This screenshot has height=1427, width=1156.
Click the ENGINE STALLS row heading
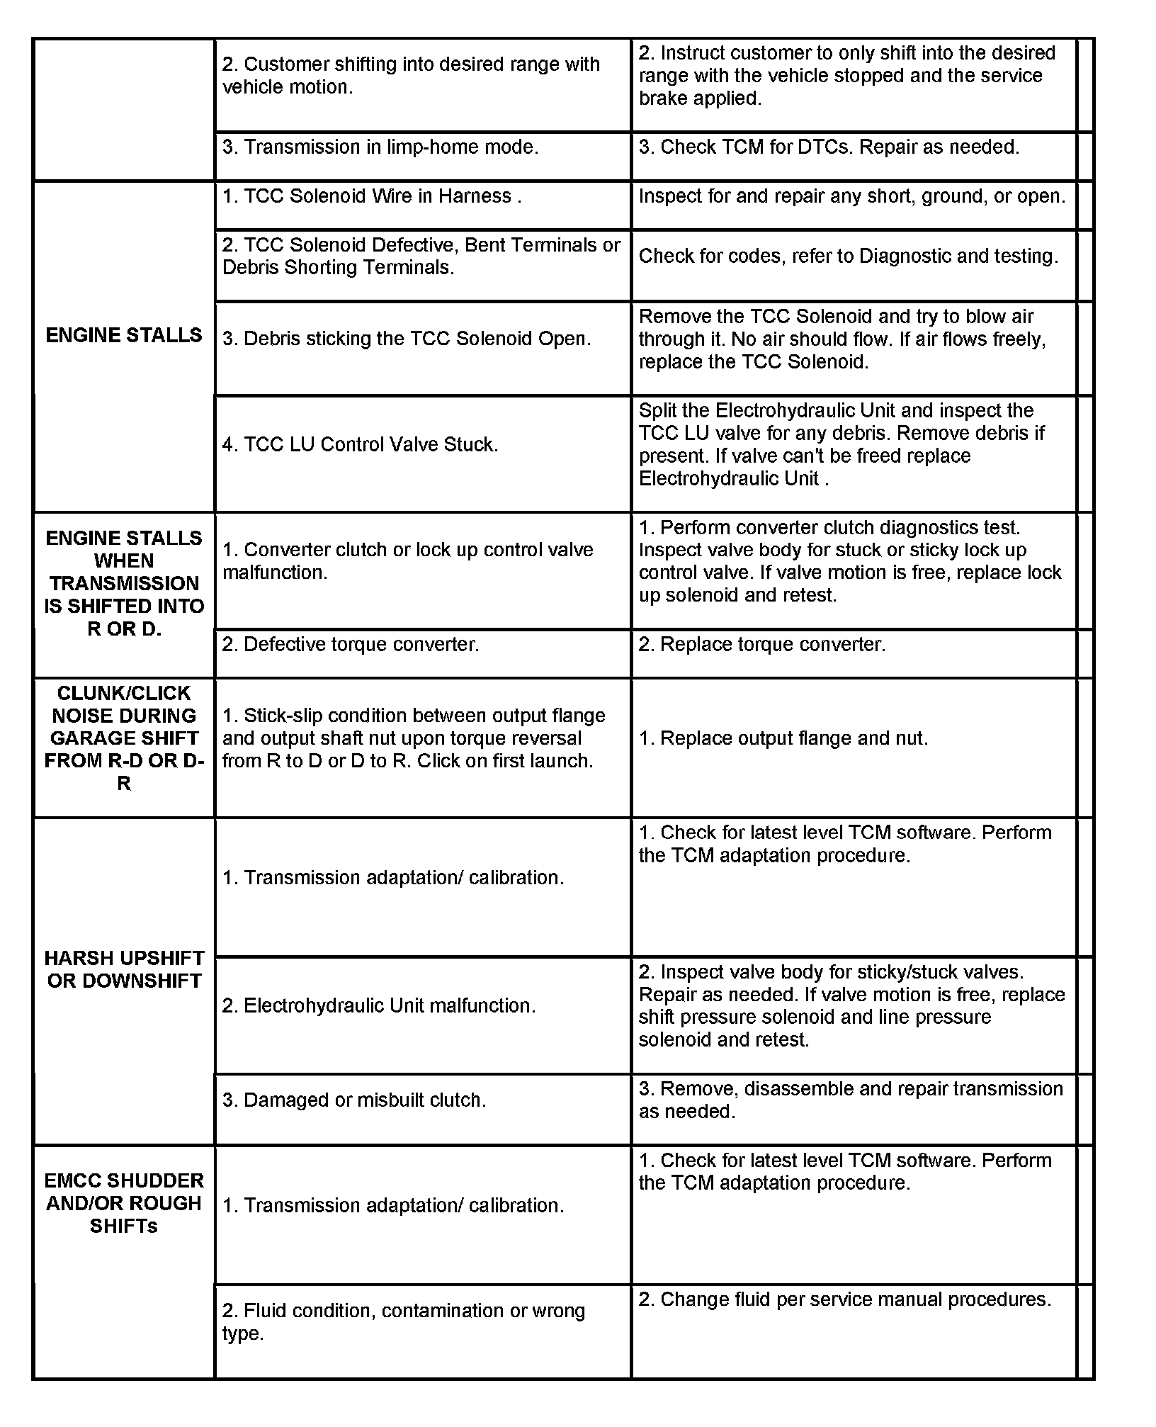124,335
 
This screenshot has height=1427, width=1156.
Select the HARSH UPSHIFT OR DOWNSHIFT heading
124,969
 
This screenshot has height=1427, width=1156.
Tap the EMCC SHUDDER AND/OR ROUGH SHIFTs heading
124,1203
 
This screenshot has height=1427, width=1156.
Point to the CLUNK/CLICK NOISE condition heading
124,738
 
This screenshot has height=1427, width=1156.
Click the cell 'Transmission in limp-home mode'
380,147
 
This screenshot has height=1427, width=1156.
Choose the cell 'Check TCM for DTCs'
829,147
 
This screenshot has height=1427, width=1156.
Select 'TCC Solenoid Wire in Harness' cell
372,196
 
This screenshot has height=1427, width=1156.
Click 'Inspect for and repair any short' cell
851,196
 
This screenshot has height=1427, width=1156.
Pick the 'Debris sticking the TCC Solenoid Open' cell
406,339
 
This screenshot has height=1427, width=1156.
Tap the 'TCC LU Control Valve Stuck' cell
360,444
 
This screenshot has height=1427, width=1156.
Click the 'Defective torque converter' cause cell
351,644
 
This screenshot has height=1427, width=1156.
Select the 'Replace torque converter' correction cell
762,644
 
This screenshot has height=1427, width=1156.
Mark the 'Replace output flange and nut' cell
783,738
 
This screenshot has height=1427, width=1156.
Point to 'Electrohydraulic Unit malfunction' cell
378,1005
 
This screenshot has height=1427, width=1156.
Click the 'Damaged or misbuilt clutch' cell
354,1100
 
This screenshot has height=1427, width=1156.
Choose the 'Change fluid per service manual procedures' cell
844,1299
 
